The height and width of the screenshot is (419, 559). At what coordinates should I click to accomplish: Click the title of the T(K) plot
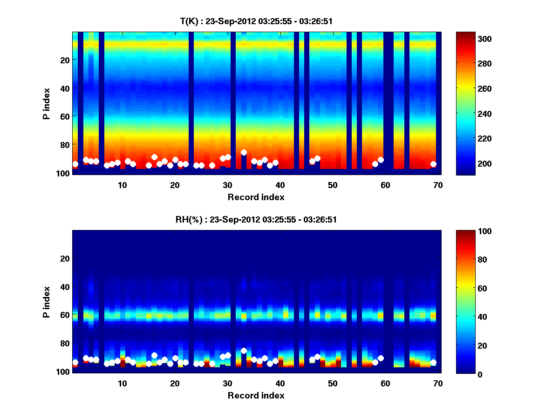[256, 21]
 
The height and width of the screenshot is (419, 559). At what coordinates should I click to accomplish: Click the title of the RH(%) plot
[256, 219]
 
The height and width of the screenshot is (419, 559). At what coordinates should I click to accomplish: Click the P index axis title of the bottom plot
[47, 301]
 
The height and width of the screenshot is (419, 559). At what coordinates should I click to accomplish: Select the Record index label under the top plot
[256, 197]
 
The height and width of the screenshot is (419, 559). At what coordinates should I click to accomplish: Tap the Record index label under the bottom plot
[256, 395]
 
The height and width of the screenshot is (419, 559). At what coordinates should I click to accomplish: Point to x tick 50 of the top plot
[333, 185]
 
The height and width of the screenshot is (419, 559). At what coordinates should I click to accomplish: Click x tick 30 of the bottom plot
[227, 383]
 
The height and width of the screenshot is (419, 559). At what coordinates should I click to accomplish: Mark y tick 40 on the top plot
[65, 88]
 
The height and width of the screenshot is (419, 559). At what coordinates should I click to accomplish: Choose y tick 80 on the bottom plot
[65, 343]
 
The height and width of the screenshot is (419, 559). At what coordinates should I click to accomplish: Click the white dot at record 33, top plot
[244, 152]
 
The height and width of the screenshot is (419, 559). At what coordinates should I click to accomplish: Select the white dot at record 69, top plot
[433, 164]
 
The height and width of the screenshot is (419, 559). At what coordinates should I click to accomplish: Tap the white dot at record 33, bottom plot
[244, 351]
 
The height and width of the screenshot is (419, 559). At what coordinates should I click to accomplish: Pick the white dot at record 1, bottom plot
[75, 362]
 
